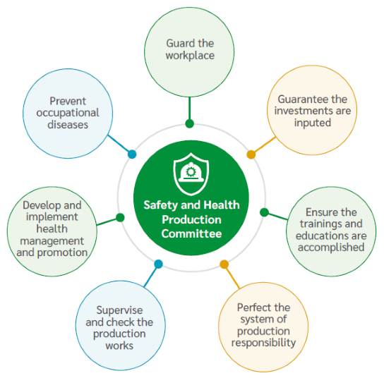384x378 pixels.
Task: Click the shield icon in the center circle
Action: pos(191,174)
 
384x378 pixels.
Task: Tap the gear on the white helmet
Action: pos(191,172)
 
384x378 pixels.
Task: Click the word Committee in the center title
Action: pos(191,233)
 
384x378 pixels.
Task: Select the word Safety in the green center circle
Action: pos(161,205)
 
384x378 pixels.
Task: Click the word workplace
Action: pos(190,56)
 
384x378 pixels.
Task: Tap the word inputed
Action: pos(313,123)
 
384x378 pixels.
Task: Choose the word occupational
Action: pos(68,113)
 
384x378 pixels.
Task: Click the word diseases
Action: pos(68,125)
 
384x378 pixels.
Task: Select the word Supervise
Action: pos(119,310)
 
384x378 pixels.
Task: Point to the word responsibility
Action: pos(263,343)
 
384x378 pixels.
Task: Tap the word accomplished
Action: pos(331,248)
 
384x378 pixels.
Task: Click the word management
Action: pos(52,241)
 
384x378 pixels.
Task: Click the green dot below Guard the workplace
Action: pos(190,123)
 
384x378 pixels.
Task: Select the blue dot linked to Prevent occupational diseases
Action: pos(132,154)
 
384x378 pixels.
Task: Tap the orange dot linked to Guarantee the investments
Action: pos(251,154)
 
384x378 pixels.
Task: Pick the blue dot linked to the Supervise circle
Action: pos(158,264)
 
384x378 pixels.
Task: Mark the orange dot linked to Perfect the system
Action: pos(224,264)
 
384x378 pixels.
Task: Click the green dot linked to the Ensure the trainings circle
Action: pos(264,212)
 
